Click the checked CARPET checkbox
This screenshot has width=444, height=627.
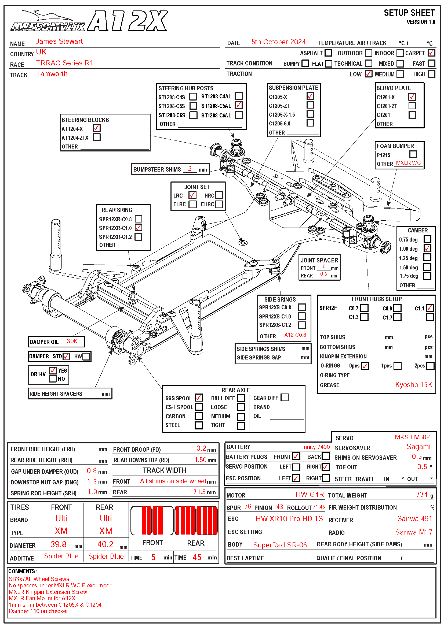[x=431, y=53]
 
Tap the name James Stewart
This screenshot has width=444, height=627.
[x=59, y=41]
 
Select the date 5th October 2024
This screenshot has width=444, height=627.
[x=278, y=42]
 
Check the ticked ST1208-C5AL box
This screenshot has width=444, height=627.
[x=239, y=105]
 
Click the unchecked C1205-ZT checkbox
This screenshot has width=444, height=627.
[x=310, y=105]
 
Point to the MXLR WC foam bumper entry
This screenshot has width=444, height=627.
[x=408, y=163]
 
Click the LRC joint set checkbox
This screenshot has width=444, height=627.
[x=192, y=195]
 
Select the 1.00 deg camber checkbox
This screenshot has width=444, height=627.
[x=427, y=248]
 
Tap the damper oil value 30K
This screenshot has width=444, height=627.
[x=72, y=341]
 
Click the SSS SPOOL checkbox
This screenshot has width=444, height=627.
[x=199, y=398]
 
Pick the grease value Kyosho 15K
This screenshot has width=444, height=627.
[x=414, y=385]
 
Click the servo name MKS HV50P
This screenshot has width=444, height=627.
[x=412, y=437]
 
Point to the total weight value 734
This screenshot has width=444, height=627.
[x=421, y=494]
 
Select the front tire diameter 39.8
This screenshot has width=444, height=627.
[x=59, y=544]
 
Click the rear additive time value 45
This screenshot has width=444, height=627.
[x=197, y=557]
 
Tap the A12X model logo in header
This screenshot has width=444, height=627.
[x=128, y=21]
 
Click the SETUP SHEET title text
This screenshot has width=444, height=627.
[x=409, y=13]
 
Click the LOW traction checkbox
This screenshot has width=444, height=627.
[x=369, y=74]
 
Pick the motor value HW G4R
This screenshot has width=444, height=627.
[x=310, y=494]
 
